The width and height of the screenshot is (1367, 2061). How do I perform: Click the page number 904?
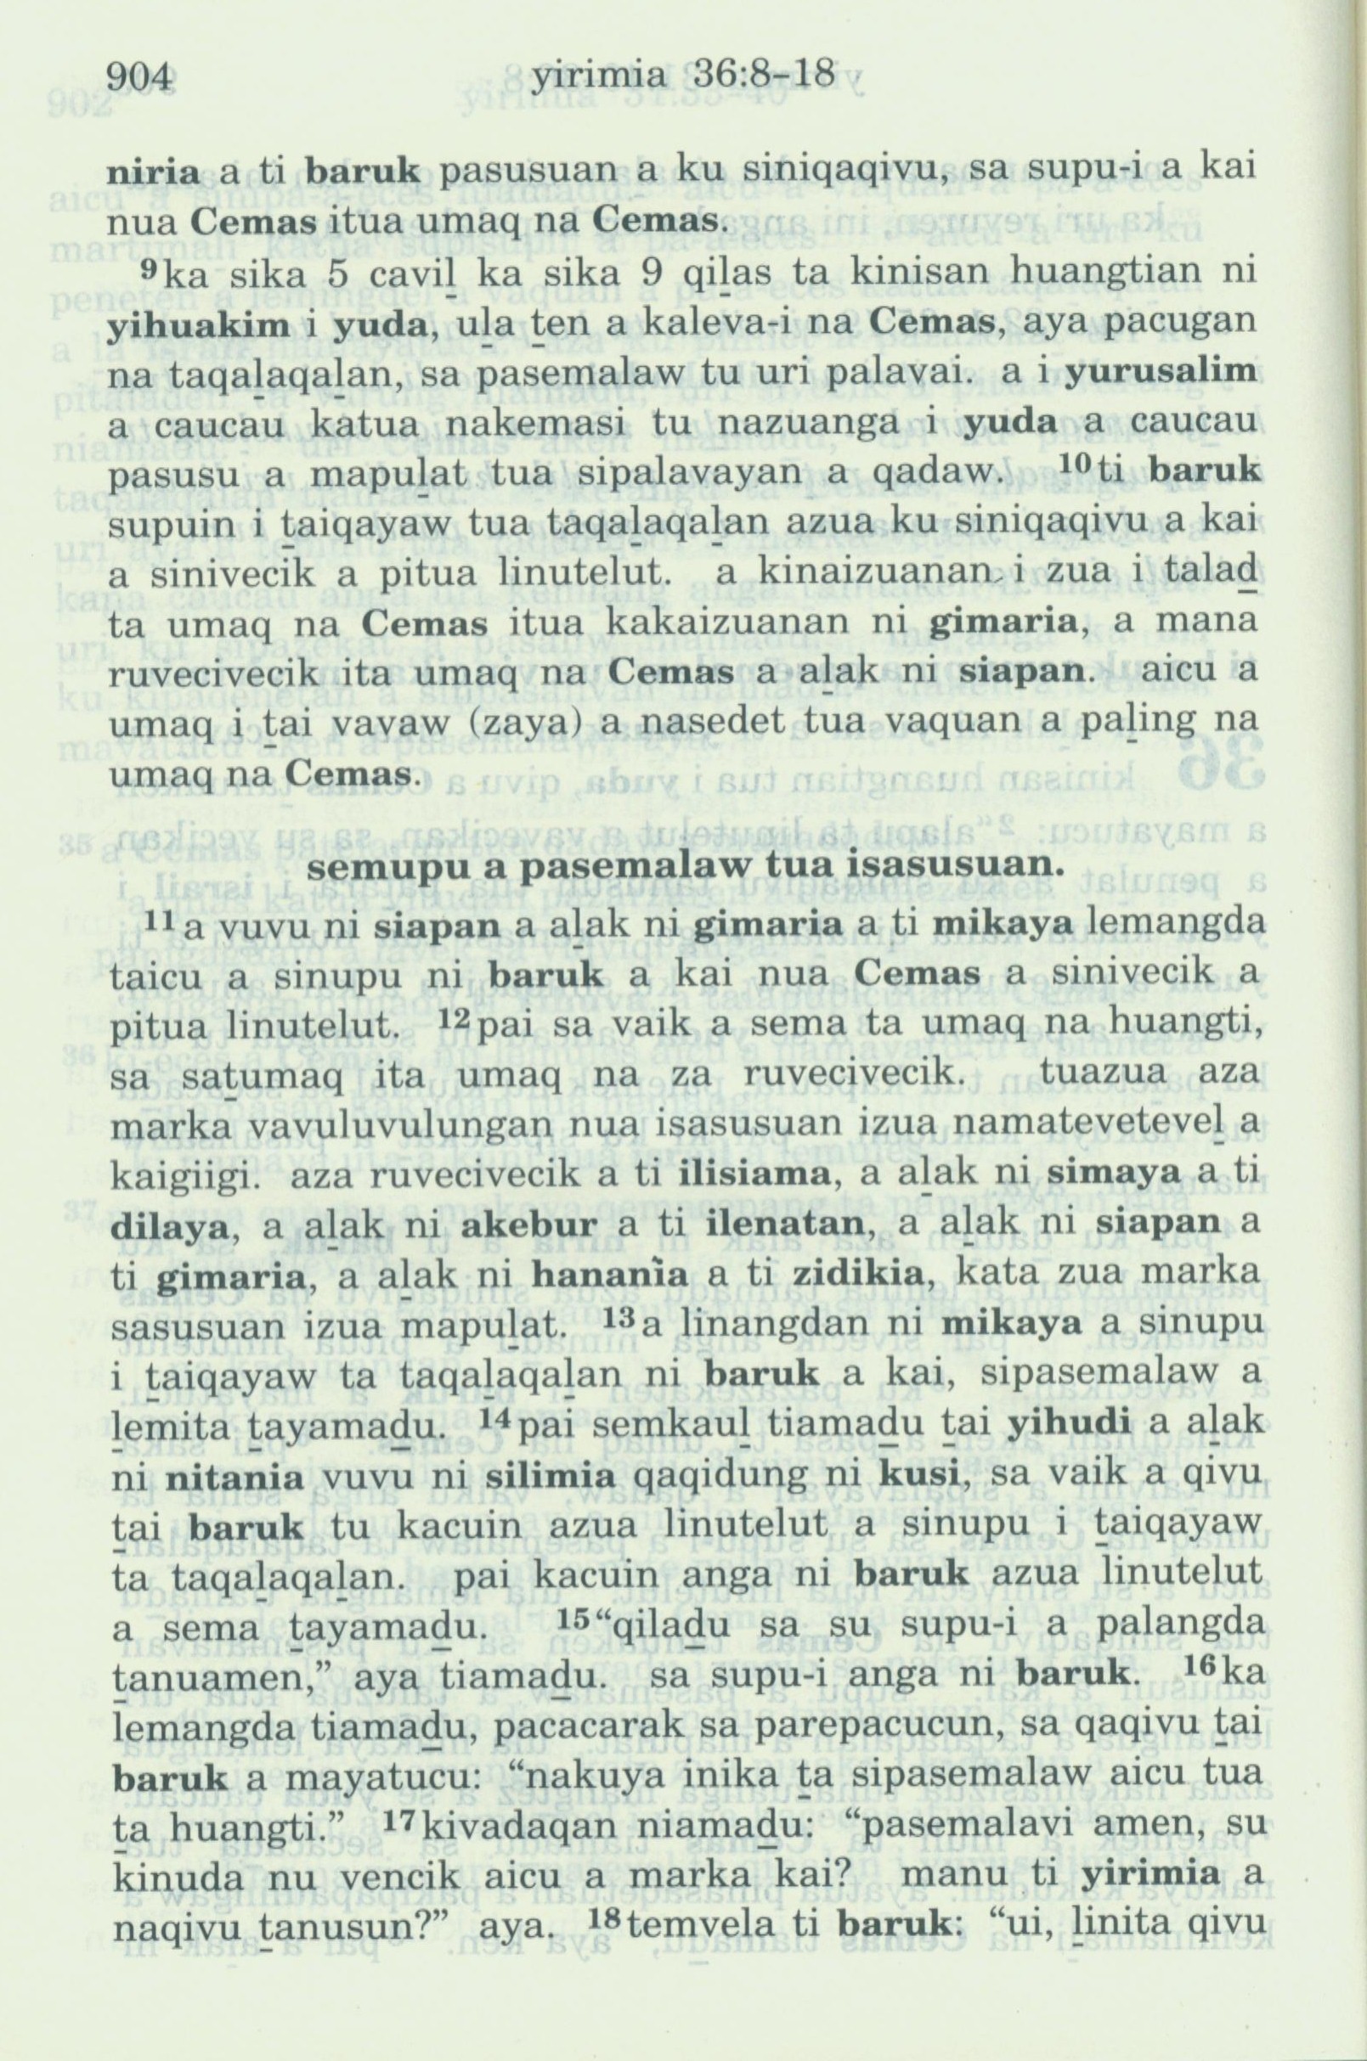tap(140, 81)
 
